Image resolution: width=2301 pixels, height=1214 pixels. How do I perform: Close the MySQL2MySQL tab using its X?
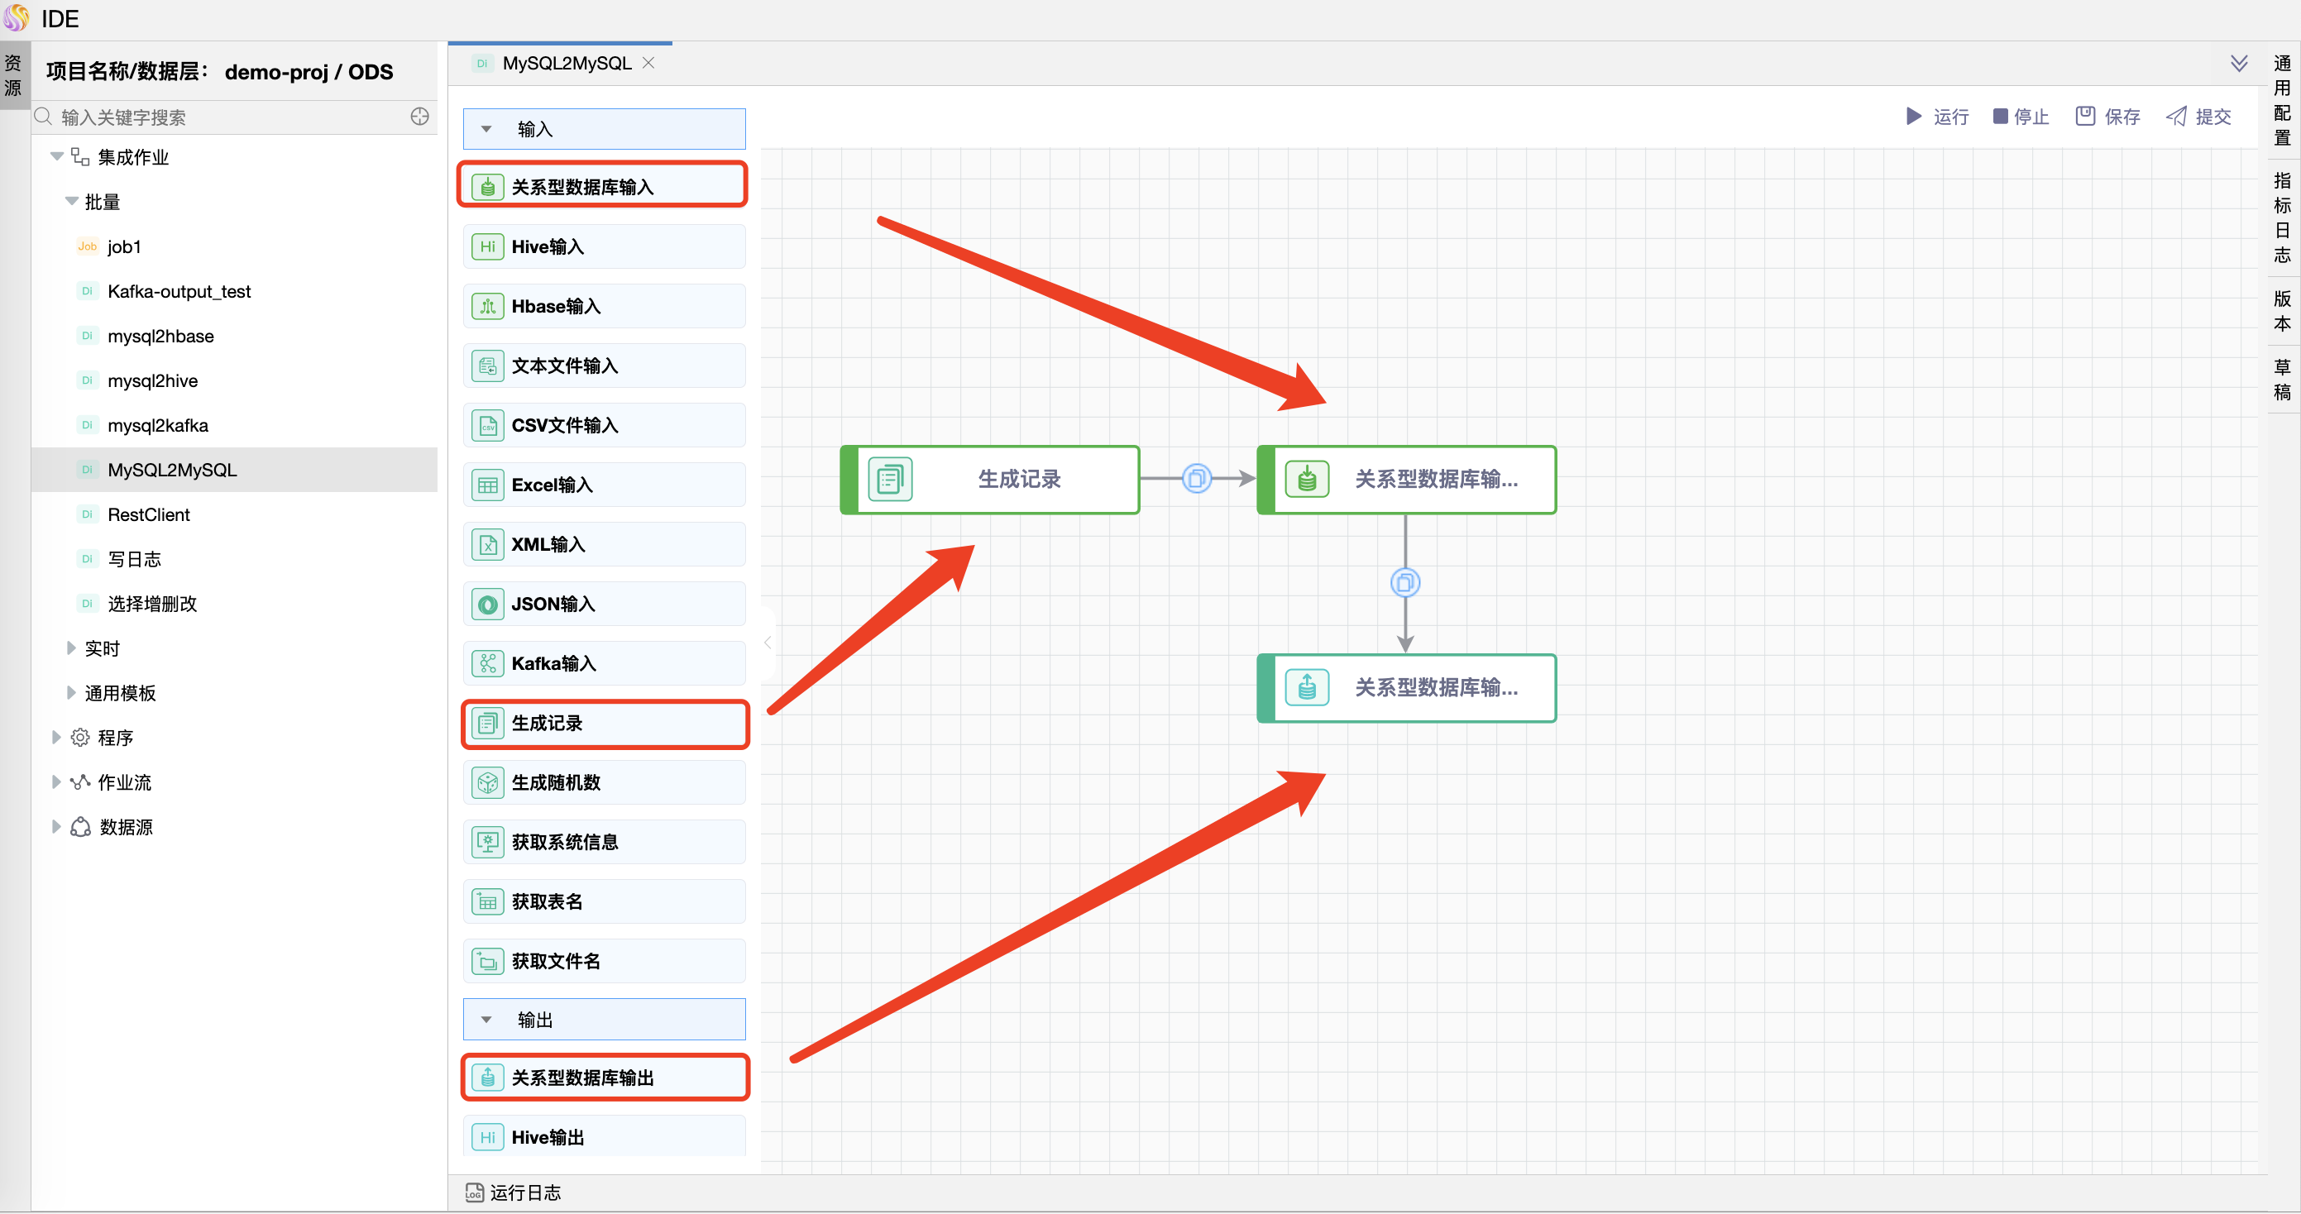coord(648,63)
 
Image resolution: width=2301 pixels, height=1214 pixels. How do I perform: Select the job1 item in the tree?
coord(124,246)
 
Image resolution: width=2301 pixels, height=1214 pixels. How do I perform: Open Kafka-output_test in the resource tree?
coord(179,291)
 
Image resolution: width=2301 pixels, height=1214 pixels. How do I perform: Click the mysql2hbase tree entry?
coord(160,336)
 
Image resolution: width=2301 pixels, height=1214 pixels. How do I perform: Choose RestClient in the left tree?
coord(148,514)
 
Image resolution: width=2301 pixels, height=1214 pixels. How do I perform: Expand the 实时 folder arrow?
coord(70,648)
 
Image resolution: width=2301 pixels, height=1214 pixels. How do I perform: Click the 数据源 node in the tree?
coord(126,827)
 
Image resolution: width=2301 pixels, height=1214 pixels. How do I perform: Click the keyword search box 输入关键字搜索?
coord(223,117)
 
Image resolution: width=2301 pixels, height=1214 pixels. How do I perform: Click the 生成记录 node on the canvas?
coord(990,480)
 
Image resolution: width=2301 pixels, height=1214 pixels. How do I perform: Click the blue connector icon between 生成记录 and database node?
coord(1197,479)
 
